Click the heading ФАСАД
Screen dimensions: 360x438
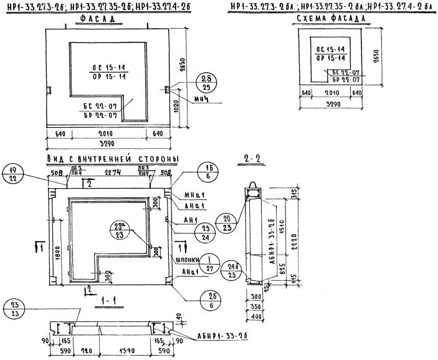pyautogui.click(x=98, y=20)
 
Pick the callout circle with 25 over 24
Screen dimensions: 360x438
pyautogui.click(x=207, y=233)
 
